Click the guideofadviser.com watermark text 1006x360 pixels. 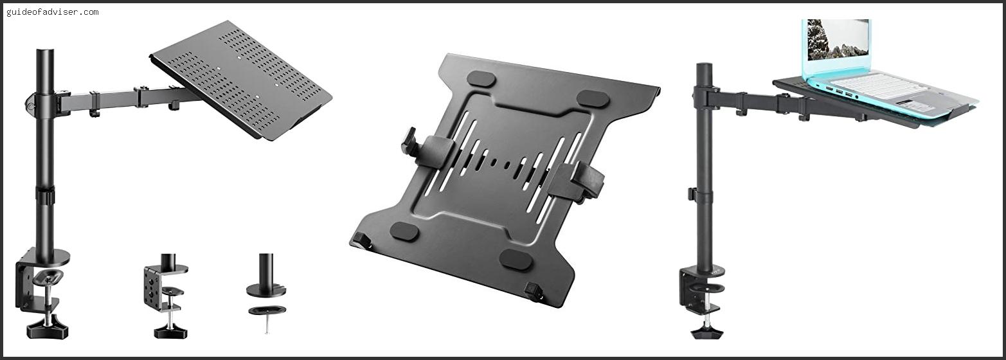coord(53,12)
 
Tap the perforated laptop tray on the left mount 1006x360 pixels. coord(241,80)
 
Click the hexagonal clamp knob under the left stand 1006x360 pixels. coord(47,329)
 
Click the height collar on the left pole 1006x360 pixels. coord(45,196)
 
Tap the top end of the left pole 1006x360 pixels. coord(45,51)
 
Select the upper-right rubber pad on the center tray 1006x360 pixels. coord(593,99)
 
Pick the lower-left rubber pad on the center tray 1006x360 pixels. coord(404,231)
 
